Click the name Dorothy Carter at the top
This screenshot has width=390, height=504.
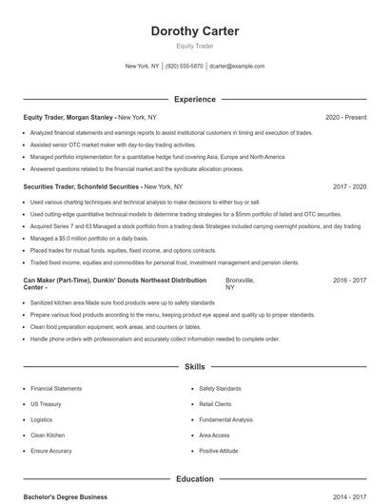point(195,31)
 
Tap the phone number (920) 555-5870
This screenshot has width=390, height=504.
point(185,67)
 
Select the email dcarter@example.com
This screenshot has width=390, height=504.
point(237,67)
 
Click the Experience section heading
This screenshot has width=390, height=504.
point(195,99)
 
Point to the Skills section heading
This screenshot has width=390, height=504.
point(195,366)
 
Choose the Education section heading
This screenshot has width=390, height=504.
point(195,479)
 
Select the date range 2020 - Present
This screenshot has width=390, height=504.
point(345,117)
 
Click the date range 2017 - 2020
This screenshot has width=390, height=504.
point(349,187)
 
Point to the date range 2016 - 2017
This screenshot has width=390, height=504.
point(349,281)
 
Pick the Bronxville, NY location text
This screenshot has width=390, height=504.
point(240,284)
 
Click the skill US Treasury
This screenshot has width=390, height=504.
point(48,404)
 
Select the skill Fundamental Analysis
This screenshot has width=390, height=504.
point(225,419)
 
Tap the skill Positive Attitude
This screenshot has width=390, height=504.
point(219,450)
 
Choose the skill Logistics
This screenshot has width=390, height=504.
point(41,419)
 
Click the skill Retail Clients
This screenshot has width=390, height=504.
point(215,404)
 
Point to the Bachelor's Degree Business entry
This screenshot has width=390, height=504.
point(66,496)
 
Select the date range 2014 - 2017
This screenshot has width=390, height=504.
point(349,496)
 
